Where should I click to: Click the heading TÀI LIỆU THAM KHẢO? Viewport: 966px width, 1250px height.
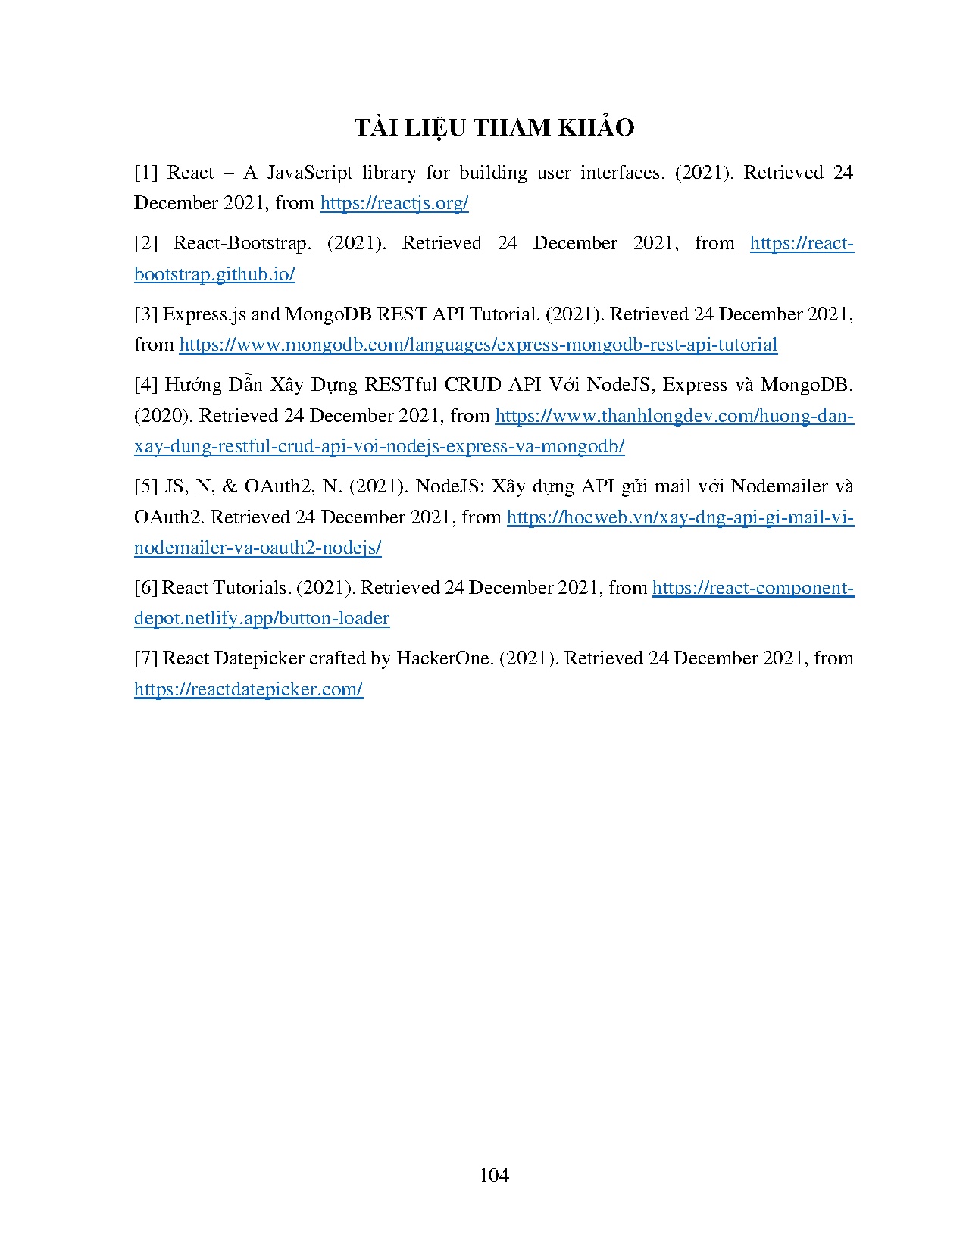[x=494, y=128]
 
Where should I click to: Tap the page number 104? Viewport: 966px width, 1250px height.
[x=494, y=1175]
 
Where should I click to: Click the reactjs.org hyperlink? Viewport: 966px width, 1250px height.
[x=394, y=203]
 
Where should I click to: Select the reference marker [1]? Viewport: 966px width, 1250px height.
[x=145, y=173]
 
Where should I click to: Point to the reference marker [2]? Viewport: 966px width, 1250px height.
[x=145, y=243]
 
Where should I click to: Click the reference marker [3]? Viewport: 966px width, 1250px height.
[x=145, y=314]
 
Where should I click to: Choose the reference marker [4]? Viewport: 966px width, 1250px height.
[x=145, y=384]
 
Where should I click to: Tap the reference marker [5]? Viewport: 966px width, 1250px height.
[x=145, y=486]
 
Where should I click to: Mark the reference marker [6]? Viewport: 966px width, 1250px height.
[x=145, y=587]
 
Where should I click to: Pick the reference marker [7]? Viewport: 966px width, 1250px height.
[x=145, y=658]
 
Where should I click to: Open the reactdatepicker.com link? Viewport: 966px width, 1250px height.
[x=249, y=689]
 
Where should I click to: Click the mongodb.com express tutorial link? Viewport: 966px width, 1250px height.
[x=478, y=345]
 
